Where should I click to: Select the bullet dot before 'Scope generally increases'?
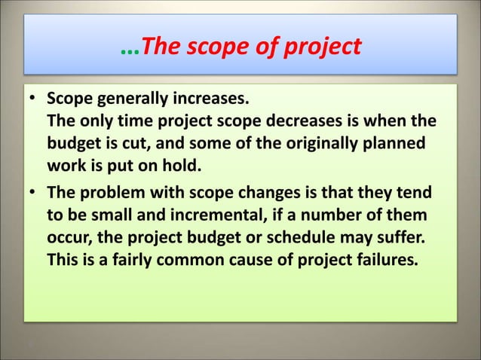(x=34, y=100)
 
